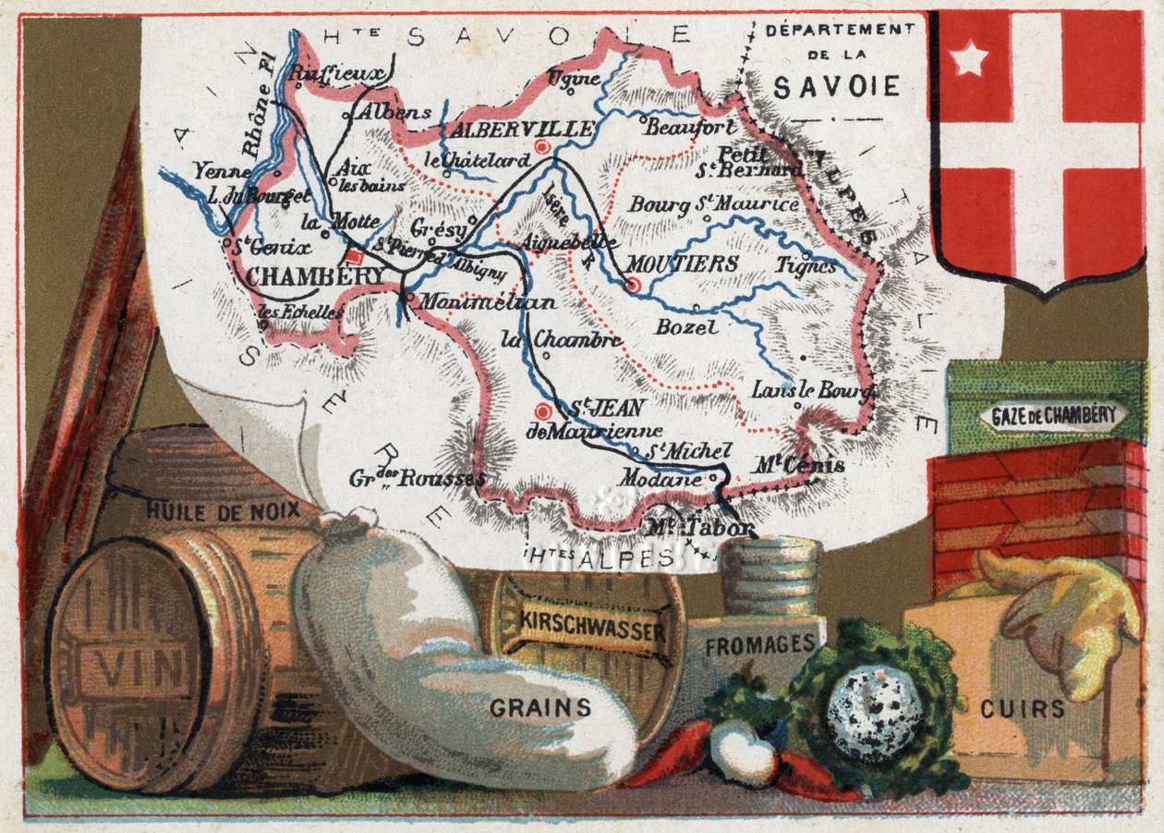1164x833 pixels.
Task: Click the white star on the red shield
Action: click(969, 60)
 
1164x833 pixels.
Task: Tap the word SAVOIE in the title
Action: click(836, 87)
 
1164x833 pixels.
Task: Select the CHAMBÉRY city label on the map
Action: click(303, 276)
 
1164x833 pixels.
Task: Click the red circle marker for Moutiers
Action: click(633, 285)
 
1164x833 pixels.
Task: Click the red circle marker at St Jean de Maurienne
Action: click(544, 412)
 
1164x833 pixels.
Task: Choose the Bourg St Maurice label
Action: click(713, 203)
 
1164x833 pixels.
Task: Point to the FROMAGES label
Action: click(759, 644)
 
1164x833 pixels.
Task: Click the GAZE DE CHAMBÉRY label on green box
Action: click(1053, 415)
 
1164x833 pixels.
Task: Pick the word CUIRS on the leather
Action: click(1024, 709)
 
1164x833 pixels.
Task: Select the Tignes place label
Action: click(806, 265)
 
